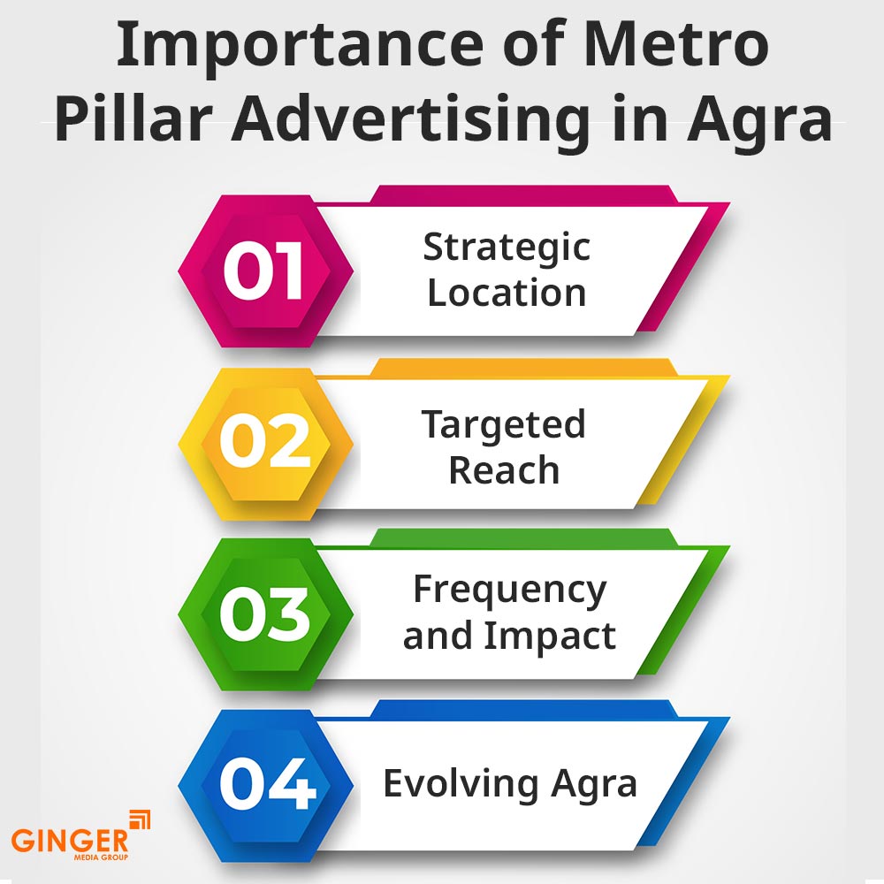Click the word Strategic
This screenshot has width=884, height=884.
pyautogui.click(x=507, y=247)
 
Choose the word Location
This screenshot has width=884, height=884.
pyautogui.click(x=507, y=293)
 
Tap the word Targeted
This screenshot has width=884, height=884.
pyautogui.click(x=503, y=424)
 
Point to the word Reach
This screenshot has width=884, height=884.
pyautogui.click(x=504, y=470)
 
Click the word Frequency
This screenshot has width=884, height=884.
pyautogui.click(x=510, y=590)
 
